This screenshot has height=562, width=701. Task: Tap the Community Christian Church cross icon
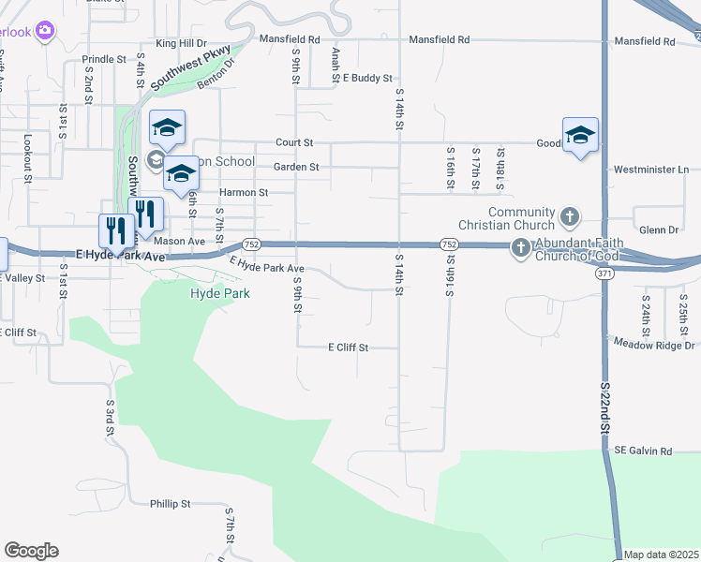point(569,218)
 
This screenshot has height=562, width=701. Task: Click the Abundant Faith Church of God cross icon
point(521,248)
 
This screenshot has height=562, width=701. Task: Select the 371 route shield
point(604,273)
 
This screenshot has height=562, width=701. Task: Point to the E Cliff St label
point(348,348)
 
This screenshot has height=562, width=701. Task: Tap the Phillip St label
point(171,504)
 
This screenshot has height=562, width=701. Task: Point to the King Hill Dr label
point(181,43)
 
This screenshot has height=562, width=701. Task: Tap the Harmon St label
point(244,193)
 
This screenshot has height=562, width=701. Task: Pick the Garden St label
point(296,168)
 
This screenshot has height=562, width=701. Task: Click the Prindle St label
point(104,59)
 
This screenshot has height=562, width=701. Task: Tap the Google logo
point(31,551)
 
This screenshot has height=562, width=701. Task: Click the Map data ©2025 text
point(661,555)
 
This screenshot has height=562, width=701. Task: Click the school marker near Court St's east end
point(580,136)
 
